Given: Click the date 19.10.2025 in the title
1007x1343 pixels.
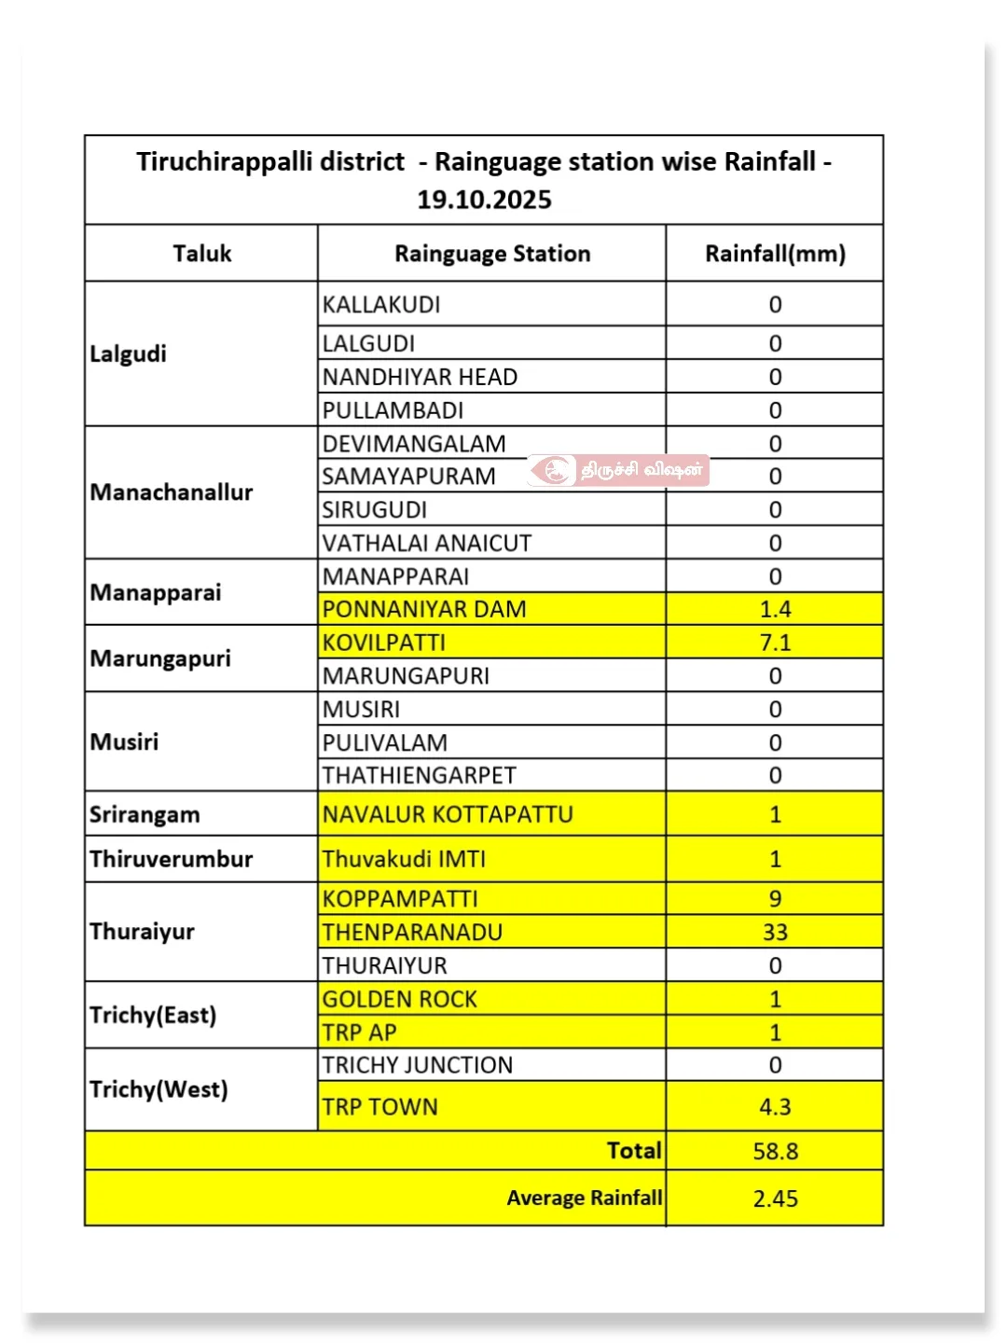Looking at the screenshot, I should pos(484,200).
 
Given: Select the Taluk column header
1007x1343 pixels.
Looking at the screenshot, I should pos(201,254).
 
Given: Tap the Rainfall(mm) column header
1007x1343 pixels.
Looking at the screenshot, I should pos(775,254).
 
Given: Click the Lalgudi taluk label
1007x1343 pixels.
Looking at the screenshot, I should pos(129,354).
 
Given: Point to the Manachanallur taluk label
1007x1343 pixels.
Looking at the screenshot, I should pos(172,492).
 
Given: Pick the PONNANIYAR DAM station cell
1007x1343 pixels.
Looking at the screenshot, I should pos(424,609).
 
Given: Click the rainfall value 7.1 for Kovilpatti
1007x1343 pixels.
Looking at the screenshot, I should pos(775,643).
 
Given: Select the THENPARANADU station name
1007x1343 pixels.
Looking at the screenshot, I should pos(412,933).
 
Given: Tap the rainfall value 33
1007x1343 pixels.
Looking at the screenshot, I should pos(775,933).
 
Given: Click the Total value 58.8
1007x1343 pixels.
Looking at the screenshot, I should pos(775,1152).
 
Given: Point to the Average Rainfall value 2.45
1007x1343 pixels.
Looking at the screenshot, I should pos(775,1199).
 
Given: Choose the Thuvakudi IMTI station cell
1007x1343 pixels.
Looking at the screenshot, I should pos(404,859).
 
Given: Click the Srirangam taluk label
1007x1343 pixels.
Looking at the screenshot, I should pos(145,815).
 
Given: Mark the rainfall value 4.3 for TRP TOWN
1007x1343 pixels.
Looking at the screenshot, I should pos(775,1107).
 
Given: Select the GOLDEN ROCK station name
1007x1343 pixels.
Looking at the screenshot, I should pos(399,1000).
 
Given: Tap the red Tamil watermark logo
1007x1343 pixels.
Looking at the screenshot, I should pos(557,470).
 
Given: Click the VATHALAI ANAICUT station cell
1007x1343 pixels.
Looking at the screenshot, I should pos(427,543).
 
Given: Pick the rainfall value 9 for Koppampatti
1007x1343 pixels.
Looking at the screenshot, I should pos(775,899).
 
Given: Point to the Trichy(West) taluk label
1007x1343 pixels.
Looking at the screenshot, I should pos(159,1089).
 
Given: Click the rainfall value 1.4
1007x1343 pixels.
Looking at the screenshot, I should pos(775,609).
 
